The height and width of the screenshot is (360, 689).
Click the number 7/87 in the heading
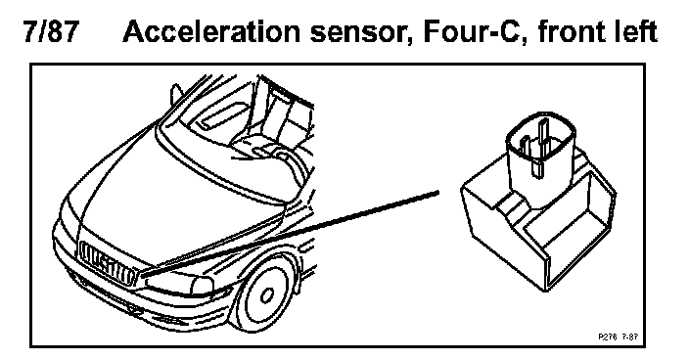point(52,31)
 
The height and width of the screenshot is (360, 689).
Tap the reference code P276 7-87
point(619,337)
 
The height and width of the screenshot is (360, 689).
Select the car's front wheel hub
point(266,295)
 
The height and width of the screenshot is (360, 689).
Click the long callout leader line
point(291,234)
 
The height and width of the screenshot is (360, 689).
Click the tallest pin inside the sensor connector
point(543,146)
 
